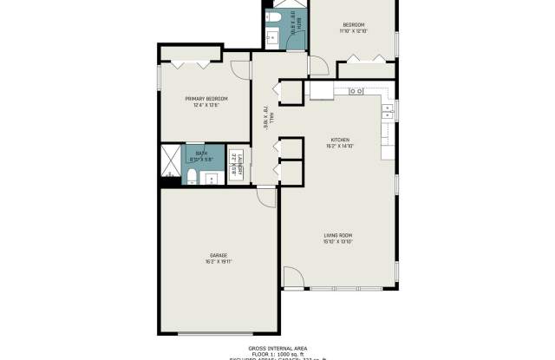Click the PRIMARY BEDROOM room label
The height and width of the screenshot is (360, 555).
point(201,99)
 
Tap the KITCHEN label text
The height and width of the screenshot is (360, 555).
point(340,140)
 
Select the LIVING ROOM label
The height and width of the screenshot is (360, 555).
point(338,234)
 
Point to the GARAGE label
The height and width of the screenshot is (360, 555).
point(217,255)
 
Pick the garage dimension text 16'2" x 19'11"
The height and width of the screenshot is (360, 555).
point(218,261)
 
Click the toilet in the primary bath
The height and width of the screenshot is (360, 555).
point(191,178)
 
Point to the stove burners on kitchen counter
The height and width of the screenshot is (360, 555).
point(356,90)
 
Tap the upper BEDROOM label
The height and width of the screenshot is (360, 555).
point(353,24)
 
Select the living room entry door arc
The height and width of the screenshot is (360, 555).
point(294,278)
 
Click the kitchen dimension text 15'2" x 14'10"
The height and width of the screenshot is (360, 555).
point(340,146)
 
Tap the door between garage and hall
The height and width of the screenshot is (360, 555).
point(268,198)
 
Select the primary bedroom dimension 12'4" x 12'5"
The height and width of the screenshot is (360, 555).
point(201,106)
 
